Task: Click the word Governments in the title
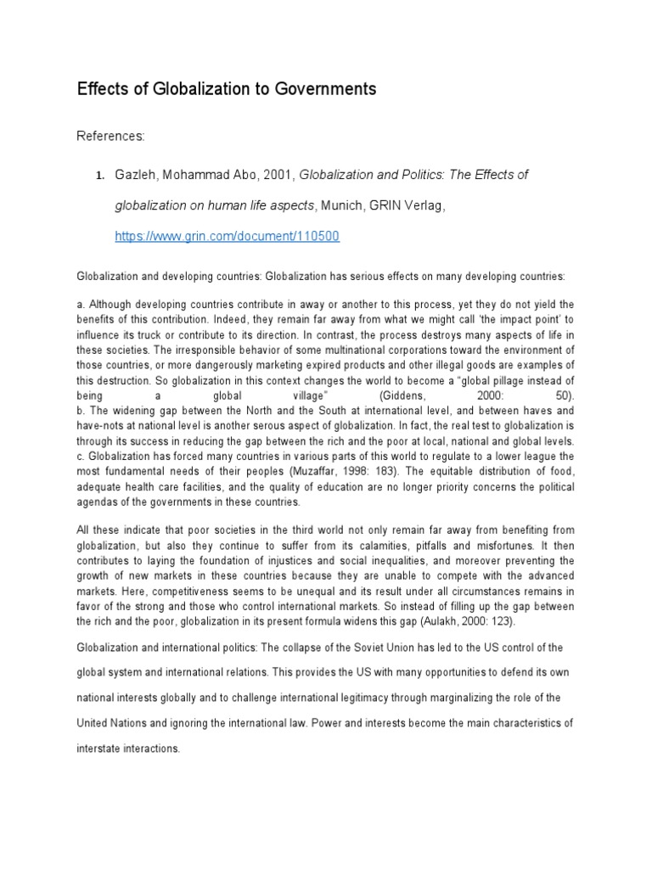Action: coord(320,89)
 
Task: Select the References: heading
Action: coord(111,136)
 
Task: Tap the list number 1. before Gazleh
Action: coord(98,176)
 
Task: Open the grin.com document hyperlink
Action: coord(227,237)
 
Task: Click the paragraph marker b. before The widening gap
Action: coord(81,412)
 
